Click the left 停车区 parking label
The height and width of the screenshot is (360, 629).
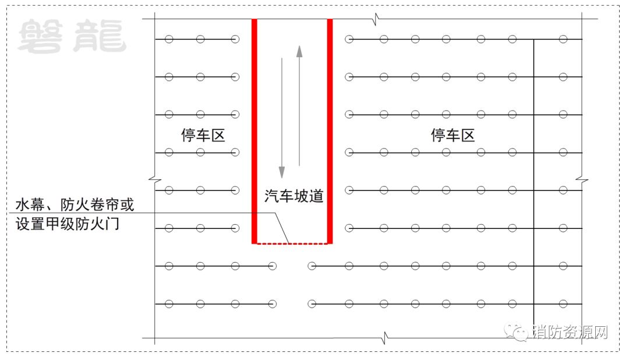coord(203,136)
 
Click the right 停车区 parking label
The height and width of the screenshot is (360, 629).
coord(453,136)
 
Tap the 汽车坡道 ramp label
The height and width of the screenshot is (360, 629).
coord(294,196)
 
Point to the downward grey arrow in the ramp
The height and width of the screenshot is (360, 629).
coord(282,117)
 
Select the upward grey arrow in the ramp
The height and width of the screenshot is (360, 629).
coord(299,105)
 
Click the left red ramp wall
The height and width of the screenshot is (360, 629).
coord(255,128)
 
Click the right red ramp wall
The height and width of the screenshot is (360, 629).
coord(330,128)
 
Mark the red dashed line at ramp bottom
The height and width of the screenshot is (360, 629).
coord(291,243)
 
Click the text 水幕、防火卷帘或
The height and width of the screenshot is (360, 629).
coord(75,205)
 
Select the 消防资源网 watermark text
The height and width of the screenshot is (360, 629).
coord(570,332)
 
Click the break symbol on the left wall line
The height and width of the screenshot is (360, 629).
coord(154,177)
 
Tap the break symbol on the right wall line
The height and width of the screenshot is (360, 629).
coord(581,177)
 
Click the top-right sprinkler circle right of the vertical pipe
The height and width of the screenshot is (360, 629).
coord(563,40)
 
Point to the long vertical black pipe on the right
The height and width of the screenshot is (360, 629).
coord(534,175)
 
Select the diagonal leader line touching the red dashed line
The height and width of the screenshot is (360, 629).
coord(281,228)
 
